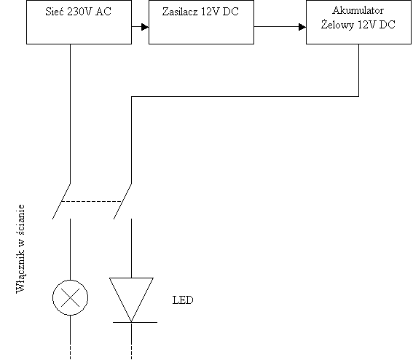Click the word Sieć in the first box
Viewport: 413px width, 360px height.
[55, 12]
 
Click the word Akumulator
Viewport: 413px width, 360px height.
[358, 10]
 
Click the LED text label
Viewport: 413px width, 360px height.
[183, 300]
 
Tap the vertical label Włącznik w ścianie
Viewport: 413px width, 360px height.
[20, 249]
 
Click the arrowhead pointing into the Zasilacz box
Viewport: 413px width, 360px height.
[145, 27]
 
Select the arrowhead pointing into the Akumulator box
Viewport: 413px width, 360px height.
[302, 27]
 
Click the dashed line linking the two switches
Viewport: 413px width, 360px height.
[91, 202]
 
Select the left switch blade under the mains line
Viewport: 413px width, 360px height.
[61, 201]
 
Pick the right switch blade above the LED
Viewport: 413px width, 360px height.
[122, 201]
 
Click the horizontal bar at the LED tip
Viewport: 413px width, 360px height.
[135, 322]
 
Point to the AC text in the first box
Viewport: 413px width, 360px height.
[103, 12]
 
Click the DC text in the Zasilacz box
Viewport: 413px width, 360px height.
[230, 12]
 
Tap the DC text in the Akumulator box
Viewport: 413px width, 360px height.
[388, 25]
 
